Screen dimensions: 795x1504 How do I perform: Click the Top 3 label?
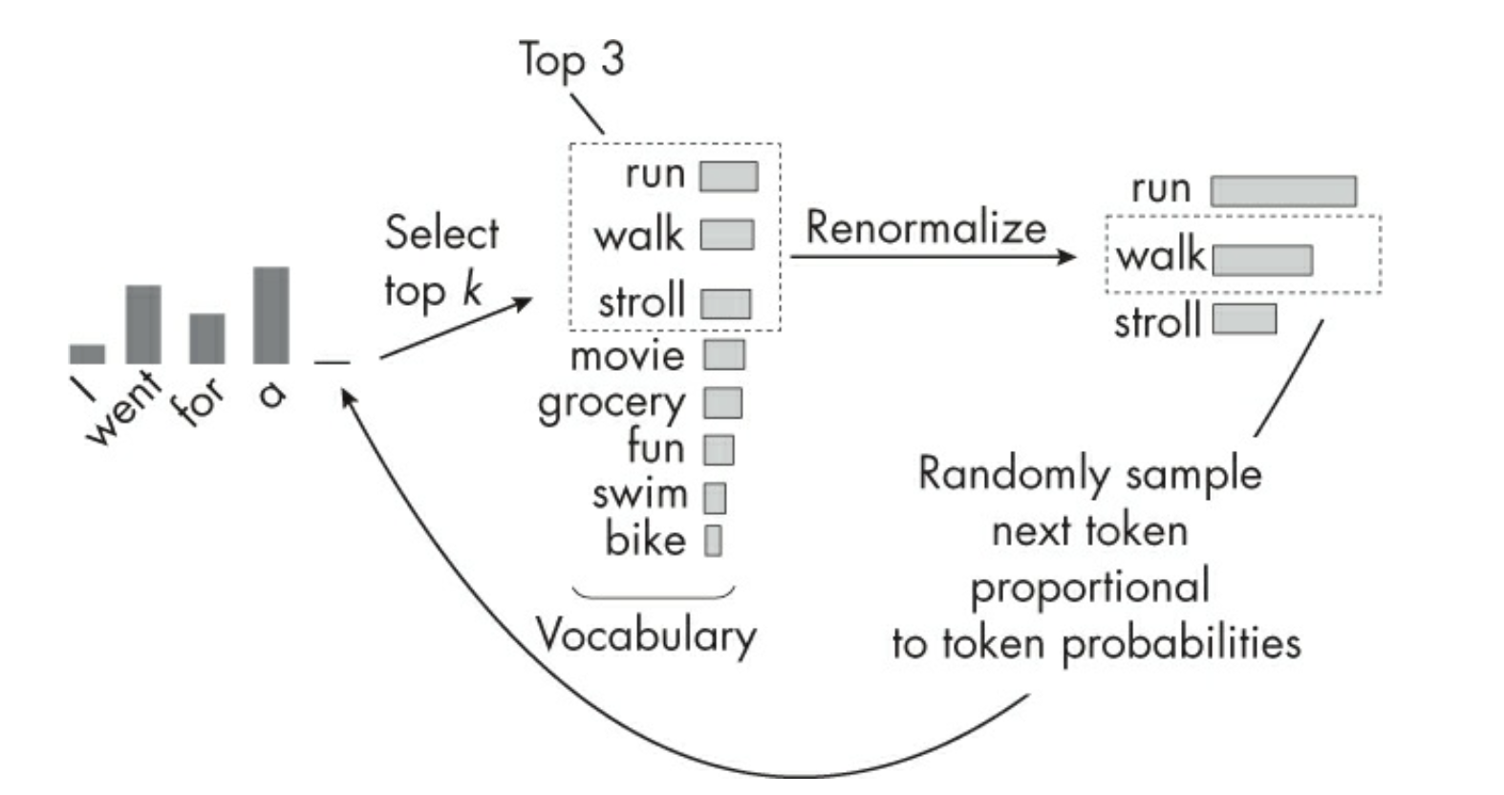point(571,59)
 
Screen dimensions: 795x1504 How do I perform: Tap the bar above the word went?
point(143,324)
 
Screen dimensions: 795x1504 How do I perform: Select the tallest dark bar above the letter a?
point(271,315)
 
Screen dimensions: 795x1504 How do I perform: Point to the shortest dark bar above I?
point(87,354)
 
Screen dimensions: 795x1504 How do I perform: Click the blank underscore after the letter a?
point(333,362)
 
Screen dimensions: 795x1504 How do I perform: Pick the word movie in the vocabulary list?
point(628,356)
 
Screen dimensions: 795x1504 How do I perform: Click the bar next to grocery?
point(723,403)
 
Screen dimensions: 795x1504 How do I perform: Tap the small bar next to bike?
point(713,541)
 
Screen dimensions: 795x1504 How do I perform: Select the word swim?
point(639,494)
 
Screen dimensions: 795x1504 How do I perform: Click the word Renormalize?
point(926,227)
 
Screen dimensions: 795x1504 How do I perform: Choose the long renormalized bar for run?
point(1283,191)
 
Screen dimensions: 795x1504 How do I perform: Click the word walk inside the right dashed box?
point(1161,255)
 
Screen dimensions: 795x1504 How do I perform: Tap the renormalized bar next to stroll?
point(1244,319)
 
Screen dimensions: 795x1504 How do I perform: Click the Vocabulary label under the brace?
point(646,635)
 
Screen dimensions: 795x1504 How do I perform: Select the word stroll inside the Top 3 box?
point(642,301)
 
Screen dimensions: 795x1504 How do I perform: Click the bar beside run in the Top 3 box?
point(728,177)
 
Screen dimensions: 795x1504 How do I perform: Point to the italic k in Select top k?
point(471,290)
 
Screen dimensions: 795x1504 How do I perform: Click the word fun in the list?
point(655,447)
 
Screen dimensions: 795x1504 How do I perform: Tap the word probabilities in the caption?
point(1182,643)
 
